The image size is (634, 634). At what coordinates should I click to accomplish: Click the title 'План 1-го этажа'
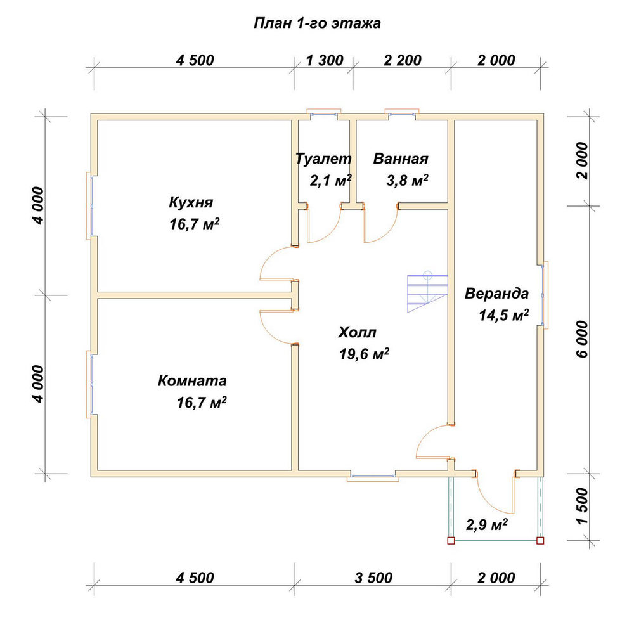[317, 23]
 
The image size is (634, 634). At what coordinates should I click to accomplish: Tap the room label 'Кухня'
[191, 202]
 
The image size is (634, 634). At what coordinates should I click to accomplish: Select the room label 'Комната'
[192, 381]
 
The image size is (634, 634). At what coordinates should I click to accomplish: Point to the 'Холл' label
[357, 332]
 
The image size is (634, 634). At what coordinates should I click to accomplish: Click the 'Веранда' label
[496, 294]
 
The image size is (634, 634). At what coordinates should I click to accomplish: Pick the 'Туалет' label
[323, 158]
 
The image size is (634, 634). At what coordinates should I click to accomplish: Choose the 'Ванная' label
[400, 158]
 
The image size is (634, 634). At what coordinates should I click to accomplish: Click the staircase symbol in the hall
[427, 292]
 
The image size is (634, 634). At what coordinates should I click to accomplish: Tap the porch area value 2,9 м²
[487, 524]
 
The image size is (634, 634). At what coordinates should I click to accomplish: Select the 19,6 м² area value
[364, 354]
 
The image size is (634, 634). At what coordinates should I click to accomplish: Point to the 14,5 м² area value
[504, 315]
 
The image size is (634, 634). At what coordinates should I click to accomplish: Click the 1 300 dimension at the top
[325, 61]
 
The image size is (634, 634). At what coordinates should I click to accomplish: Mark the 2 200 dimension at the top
[403, 61]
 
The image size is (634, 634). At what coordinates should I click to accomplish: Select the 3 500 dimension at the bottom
[373, 578]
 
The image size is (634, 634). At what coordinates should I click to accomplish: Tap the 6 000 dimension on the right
[583, 339]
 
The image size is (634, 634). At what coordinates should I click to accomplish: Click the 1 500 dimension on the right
[583, 506]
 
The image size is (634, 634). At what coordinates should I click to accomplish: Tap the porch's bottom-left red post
[451, 541]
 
